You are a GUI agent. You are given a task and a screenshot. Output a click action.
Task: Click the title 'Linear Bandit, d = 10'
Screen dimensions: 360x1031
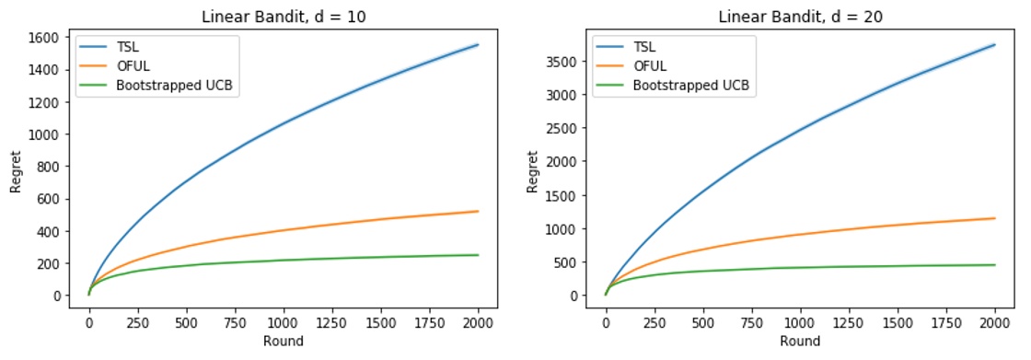283,11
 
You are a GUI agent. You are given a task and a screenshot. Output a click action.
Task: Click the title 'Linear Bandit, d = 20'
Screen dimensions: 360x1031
799,11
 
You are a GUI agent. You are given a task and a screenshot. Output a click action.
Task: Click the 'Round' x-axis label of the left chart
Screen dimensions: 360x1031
283,342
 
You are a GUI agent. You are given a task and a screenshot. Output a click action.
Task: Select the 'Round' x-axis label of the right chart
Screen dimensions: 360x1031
799,342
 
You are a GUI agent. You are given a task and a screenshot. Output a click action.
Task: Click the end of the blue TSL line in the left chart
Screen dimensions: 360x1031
478,44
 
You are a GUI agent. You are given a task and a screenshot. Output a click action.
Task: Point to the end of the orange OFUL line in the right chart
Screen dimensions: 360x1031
994,218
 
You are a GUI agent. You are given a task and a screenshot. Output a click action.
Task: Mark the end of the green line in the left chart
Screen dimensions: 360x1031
478,255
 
